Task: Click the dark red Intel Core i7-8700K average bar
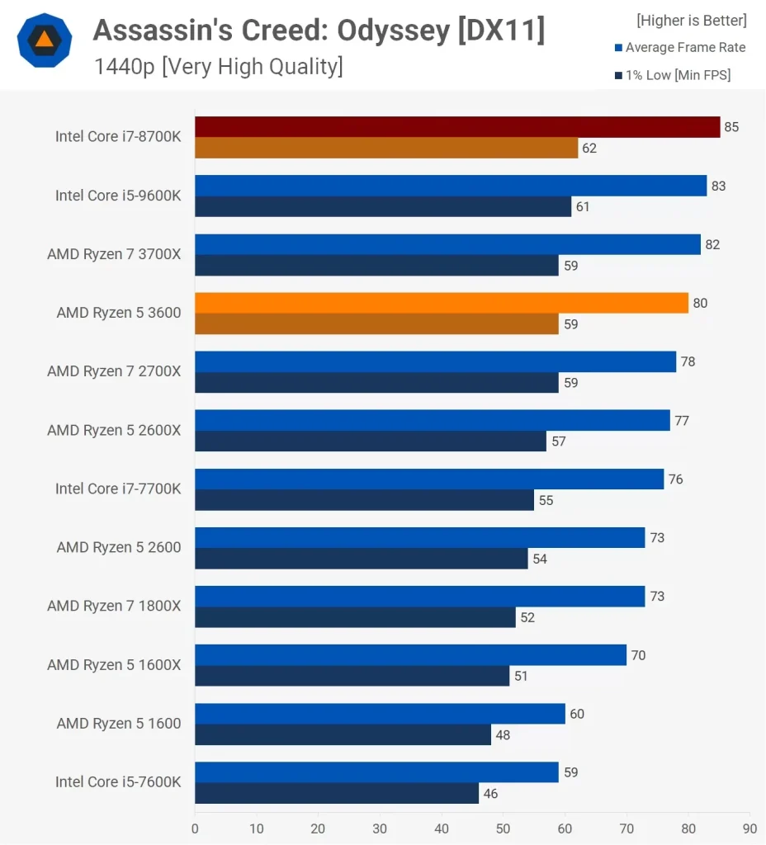[457, 127]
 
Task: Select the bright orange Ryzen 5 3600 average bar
[442, 303]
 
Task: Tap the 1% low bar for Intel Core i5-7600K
[337, 794]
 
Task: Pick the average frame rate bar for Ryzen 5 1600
[380, 714]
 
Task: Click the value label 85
[731, 127]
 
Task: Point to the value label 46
[490, 794]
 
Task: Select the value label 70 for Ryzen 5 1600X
[638, 655]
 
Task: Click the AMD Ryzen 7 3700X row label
[114, 254]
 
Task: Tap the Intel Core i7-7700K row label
[118, 489]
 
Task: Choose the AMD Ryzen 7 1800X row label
[114, 606]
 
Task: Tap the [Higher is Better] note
[692, 21]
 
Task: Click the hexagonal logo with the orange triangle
[44, 40]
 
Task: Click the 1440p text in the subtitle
[125, 66]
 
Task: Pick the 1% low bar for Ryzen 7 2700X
[376, 383]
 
